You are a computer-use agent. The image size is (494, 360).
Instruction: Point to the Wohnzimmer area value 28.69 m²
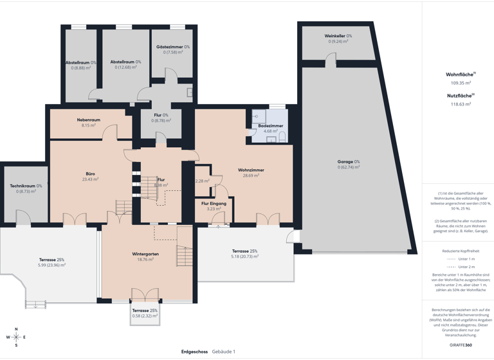click(251, 175)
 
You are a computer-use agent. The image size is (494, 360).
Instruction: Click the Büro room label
click(90, 174)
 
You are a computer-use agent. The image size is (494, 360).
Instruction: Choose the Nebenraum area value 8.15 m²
click(88, 125)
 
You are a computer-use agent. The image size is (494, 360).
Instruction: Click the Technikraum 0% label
click(26, 186)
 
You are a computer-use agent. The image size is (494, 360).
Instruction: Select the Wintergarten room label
click(145, 254)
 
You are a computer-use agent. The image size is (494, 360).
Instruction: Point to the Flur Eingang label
click(214, 203)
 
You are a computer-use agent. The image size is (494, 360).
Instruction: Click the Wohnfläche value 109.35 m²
click(461, 83)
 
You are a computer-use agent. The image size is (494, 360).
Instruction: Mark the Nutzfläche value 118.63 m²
click(461, 104)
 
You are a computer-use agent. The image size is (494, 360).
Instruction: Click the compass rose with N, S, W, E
click(16, 337)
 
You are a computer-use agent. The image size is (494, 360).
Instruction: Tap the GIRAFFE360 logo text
click(461, 346)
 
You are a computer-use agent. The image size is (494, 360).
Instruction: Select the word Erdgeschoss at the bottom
click(195, 352)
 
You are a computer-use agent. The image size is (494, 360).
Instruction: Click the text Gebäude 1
click(224, 352)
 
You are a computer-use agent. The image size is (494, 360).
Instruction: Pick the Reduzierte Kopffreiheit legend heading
click(461, 251)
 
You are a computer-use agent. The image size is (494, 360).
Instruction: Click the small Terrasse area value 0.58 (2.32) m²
click(145, 316)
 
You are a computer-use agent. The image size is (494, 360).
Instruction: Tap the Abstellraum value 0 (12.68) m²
click(125, 67)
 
